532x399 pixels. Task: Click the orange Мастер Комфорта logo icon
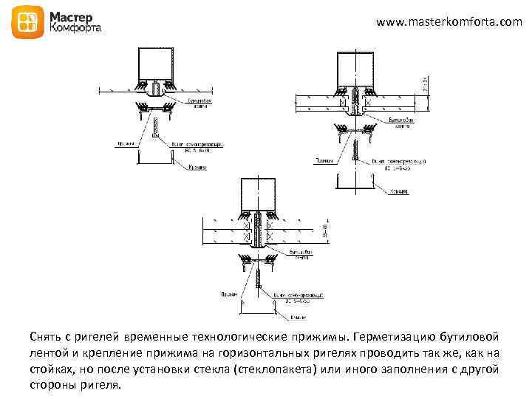tap(26, 24)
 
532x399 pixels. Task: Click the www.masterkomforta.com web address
tap(449, 23)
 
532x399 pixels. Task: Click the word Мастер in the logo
tap(71, 16)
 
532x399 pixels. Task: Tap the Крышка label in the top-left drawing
tap(196, 167)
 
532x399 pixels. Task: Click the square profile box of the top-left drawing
tap(155, 64)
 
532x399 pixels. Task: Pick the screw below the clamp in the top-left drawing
tap(155, 130)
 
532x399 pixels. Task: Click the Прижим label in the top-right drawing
tap(323, 160)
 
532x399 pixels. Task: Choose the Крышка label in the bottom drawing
tap(299, 318)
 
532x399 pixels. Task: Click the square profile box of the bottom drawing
tap(257, 194)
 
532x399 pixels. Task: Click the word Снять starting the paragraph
tap(46, 337)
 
